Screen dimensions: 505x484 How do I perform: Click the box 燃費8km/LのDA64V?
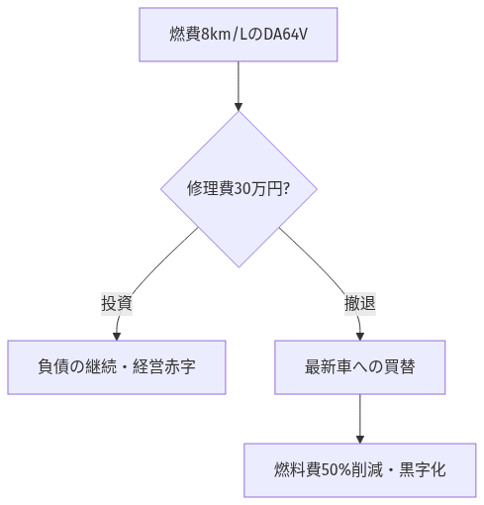(x=239, y=34)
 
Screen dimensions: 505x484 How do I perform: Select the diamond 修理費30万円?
(x=239, y=188)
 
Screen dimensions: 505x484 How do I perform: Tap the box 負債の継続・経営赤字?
(x=117, y=366)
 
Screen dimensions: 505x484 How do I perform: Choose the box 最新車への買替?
(x=359, y=366)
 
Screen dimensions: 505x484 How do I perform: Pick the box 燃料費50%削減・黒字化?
(x=359, y=468)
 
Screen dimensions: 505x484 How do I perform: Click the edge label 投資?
(x=117, y=304)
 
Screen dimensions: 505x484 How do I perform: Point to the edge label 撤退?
(x=359, y=304)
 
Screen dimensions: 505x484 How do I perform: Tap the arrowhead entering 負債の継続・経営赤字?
(x=117, y=336)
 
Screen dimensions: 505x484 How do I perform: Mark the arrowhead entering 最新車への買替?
(x=359, y=336)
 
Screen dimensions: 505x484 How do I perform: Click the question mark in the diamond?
(x=286, y=189)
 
